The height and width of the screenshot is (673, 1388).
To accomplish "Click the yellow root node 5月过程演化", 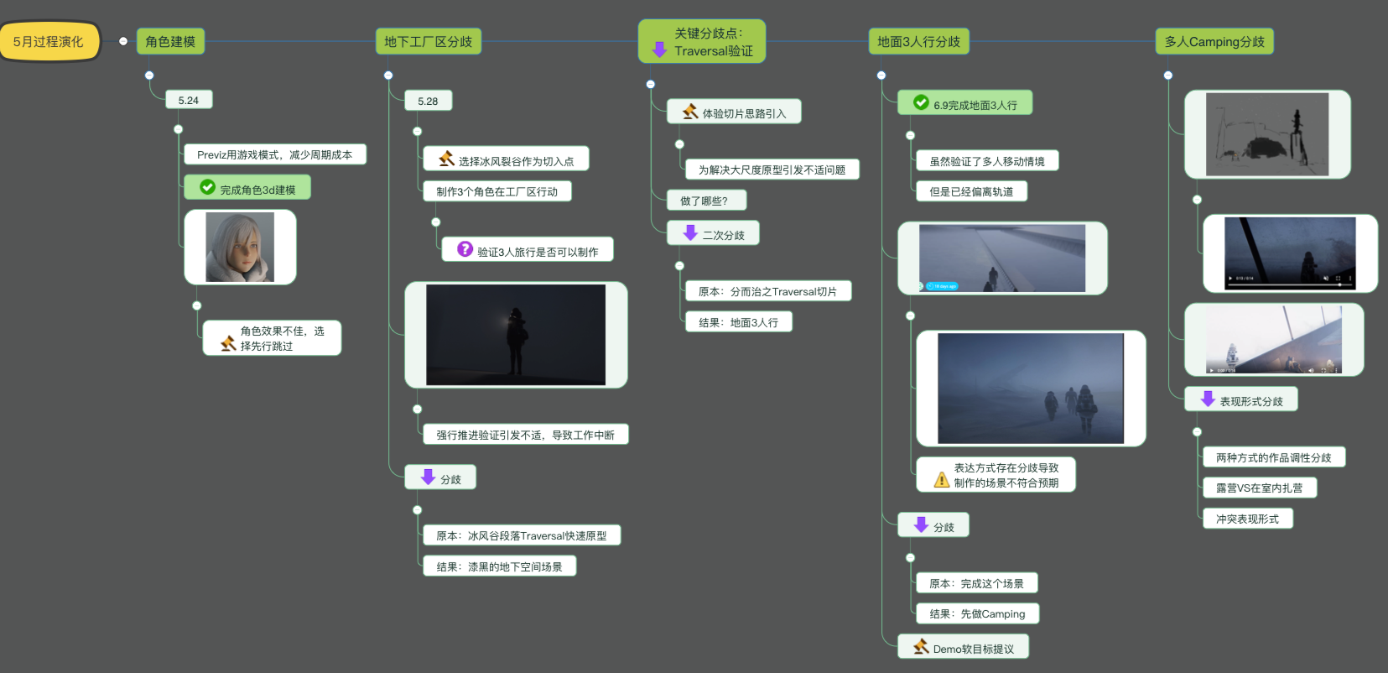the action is coord(49,42).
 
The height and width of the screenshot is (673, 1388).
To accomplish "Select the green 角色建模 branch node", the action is coord(170,42).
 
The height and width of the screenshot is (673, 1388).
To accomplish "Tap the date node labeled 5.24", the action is coord(189,100).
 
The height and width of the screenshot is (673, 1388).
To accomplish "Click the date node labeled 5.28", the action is coord(428,101).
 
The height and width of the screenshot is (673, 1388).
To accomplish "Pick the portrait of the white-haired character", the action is coord(240,247).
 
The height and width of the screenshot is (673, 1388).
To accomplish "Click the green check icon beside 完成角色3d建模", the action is coord(208,186).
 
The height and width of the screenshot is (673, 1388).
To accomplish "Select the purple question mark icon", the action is coord(465,249).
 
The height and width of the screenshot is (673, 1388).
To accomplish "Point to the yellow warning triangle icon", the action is coord(941,479).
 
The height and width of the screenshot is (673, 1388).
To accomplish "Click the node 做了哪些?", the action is coord(706,201).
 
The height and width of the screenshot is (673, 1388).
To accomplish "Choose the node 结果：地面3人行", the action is coord(739,322).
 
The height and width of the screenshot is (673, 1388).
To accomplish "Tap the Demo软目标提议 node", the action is coord(963,647).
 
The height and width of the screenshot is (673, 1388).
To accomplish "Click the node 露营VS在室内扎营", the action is coord(1259,488).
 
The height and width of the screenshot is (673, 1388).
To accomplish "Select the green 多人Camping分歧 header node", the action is coord(1214,42).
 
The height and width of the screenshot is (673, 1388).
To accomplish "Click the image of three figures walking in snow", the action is coord(1031,389).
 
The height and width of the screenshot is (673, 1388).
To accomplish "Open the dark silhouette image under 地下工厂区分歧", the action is coord(516,335).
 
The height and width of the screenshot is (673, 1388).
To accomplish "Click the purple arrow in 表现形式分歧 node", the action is coord(1208,399).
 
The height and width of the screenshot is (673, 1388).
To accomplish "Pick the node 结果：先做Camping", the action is coord(977,613).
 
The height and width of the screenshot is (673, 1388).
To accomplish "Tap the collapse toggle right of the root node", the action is coord(123,42).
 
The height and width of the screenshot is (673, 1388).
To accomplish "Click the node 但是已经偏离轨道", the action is coord(971,191).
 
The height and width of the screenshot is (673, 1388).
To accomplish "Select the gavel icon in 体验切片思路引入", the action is coord(690,112).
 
